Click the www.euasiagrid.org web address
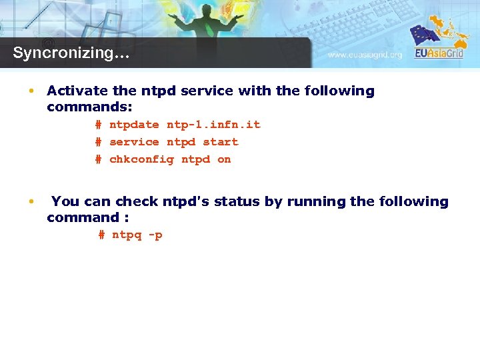(x=365, y=55)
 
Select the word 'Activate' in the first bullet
(x=74, y=91)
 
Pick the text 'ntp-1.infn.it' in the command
(x=213, y=125)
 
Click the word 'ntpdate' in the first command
(x=134, y=125)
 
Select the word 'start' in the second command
(x=220, y=142)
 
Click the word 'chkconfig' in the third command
(x=141, y=159)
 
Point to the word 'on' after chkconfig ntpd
(x=224, y=159)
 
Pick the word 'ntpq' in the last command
(x=127, y=235)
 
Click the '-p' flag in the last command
(x=155, y=235)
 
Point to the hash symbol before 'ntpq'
(x=101, y=235)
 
